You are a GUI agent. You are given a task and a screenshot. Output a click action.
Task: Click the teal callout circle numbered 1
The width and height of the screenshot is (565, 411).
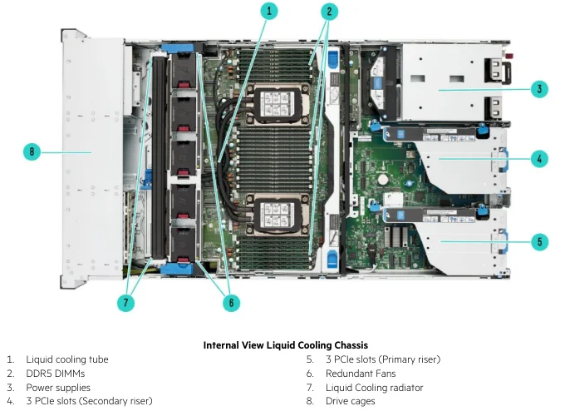268,11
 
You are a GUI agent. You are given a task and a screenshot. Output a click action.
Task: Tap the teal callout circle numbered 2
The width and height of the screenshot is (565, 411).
330,11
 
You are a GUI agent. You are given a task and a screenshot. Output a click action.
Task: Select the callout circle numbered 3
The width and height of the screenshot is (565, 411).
539,89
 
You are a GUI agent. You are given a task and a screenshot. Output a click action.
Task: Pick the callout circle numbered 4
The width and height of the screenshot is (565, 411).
539,157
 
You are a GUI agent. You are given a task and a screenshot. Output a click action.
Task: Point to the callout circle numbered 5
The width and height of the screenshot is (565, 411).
539,242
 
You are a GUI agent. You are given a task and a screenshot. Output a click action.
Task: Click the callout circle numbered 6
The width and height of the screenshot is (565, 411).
231,303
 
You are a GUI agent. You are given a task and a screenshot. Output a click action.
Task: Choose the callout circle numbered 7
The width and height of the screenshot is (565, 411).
126,303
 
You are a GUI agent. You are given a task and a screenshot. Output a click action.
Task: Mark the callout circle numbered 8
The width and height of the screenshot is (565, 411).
32,151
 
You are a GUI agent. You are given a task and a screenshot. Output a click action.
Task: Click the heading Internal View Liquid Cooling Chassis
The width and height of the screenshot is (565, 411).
285,344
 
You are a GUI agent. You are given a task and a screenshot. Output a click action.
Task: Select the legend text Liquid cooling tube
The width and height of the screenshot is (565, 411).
66,359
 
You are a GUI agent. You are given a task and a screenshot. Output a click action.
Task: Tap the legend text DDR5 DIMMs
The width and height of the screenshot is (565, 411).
55,374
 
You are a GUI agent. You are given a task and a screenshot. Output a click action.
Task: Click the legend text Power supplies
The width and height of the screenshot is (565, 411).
58,388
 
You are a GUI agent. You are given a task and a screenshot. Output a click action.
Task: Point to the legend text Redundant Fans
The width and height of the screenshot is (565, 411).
361,374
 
